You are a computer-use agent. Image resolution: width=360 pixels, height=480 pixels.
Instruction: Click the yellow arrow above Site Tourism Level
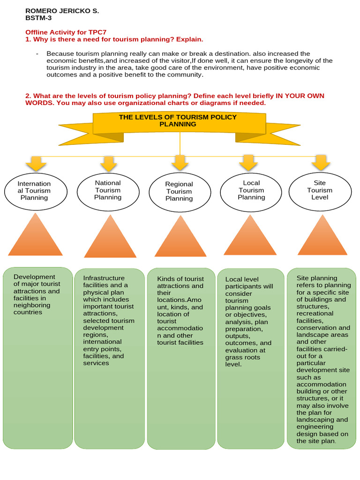coord(321,163)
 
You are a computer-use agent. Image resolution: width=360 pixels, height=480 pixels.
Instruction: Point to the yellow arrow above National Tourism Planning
coord(108,164)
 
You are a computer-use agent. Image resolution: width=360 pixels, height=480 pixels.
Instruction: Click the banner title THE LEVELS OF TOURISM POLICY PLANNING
coord(178,120)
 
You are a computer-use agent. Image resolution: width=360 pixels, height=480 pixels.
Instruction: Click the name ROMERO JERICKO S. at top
coord(62,10)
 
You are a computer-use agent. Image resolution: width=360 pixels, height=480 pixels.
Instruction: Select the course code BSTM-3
coord(38,18)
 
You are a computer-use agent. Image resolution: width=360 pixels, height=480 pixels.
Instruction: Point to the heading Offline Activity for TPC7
coord(66,32)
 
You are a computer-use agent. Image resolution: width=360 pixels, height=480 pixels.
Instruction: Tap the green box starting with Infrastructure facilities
coord(109,358)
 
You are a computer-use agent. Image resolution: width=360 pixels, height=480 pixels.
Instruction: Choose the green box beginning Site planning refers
coord(321,358)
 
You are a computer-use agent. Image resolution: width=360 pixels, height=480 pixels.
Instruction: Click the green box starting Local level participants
coord(250,358)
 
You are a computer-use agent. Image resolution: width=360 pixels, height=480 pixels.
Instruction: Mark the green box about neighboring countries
coord(37,358)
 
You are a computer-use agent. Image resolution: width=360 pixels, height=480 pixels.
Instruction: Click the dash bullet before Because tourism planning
coord(37,54)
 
